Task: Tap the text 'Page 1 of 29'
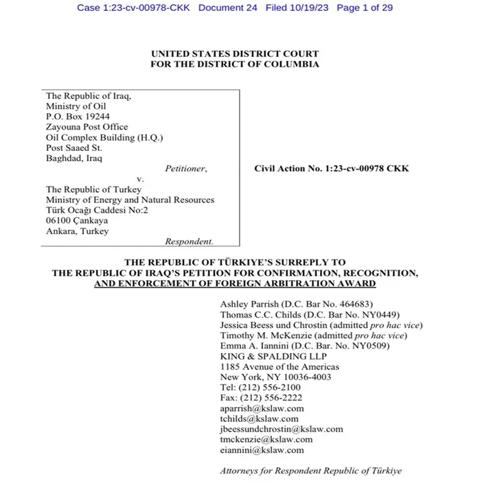(x=368, y=8)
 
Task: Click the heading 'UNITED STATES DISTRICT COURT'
(x=235, y=54)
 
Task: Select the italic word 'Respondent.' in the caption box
(x=189, y=241)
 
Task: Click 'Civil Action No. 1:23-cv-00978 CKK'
(x=331, y=168)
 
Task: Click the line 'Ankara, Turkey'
(x=77, y=231)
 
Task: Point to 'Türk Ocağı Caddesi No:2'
(x=95, y=210)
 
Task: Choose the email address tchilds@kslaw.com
(x=259, y=419)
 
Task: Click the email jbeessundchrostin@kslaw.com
(x=281, y=429)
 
